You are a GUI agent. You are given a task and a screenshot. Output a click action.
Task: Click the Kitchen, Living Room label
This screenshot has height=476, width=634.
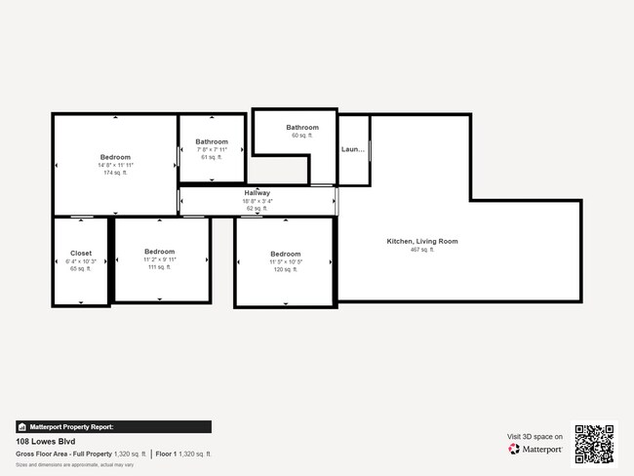coord(422,241)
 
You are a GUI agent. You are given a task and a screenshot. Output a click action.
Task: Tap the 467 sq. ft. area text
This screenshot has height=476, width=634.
coord(422,250)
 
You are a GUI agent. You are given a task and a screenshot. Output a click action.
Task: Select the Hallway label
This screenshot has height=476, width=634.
coord(258,193)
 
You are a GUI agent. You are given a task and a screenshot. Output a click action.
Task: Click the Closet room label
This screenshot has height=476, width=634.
coord(81,253)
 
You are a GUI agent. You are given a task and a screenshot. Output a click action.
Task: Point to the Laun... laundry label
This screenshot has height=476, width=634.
coord(353,149)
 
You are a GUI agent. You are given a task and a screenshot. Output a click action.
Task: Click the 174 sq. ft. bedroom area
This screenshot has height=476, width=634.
coord(115,173)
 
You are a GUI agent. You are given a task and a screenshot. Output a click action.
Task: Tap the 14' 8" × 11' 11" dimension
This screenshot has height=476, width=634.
coord(115,165)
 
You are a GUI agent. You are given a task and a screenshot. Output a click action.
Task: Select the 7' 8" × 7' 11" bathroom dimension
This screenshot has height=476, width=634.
coord(212,149)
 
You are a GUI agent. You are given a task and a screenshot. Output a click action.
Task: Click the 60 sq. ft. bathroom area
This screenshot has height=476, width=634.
coord(302,136)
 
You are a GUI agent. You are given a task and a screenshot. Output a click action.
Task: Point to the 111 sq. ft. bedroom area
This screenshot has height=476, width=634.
coord(160,267)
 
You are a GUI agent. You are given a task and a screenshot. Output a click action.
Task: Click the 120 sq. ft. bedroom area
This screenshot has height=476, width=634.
coord(286,269)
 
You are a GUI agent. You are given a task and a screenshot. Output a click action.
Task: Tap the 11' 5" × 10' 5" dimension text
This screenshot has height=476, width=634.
coord(286,261)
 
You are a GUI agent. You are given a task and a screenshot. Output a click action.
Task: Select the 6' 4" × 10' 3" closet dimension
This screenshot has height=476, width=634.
coord(81,260)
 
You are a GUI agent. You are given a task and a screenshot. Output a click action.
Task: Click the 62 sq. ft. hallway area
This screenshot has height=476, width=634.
coord(258,209)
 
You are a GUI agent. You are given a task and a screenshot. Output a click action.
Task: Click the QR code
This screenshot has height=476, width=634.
coord(594,444)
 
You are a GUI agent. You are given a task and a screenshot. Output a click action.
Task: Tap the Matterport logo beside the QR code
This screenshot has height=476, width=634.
coord(535,450)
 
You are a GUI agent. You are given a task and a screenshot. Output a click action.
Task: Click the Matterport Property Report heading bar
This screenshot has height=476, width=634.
coord(113,426)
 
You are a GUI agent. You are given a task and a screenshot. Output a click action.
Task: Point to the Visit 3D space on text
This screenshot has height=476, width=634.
coord(535,437)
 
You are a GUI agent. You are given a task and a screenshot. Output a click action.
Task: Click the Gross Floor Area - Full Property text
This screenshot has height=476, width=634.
coord(64,454)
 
